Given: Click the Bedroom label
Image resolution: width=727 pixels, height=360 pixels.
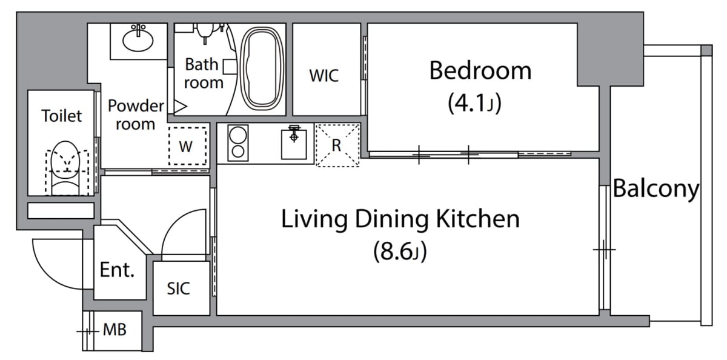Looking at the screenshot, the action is tap(480, 71).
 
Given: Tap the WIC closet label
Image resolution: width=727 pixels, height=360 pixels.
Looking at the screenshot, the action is tap(324, 76).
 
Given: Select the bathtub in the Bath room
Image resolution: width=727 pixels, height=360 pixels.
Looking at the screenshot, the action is tap(262, 70).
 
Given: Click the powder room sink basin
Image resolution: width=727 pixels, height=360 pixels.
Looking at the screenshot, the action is tap(138, 39).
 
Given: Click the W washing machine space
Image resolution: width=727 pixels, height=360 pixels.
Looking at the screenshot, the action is tap(188, 145).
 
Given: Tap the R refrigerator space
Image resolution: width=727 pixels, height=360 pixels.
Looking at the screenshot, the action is tap(337, 145).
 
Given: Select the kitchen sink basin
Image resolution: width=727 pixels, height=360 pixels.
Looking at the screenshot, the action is tap(294, 144).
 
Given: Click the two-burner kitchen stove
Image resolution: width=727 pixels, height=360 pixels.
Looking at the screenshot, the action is tap(238, 143).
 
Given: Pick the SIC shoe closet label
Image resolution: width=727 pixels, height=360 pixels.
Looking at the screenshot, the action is tap(178, 288).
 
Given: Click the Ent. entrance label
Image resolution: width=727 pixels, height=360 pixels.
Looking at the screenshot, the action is tap(117, 270).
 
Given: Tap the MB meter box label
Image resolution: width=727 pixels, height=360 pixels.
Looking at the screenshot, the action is tap(115, 330).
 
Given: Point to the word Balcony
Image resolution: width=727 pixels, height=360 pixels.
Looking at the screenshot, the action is tap(656, 189).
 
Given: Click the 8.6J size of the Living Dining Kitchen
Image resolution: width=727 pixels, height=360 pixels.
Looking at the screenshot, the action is tap(400, 252).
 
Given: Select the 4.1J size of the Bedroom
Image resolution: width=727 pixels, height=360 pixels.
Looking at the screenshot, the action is tap(474, 103).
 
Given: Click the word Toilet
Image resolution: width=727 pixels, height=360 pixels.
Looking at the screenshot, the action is tap(62, 116).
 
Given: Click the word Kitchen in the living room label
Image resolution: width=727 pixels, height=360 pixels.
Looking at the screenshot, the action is tap(477, 219).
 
